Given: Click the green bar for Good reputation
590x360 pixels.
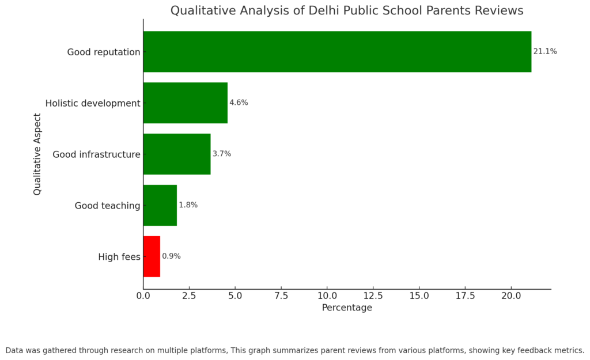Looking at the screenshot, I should pyautogui.click(x=337, y=51).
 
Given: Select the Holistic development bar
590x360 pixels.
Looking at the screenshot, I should pyautogui.click(x=185, y=103).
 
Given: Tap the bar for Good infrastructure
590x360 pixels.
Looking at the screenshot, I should pyautogui.click(x=177, y=154).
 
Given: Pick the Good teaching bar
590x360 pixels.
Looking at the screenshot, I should pyautogui.click(x=160, y=205).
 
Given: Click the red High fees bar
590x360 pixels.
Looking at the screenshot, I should pyautogui.click(x=152, y=256).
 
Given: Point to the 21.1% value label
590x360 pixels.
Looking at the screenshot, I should pyautogui.click(x=545, y=51).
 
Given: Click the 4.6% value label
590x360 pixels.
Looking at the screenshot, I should pyautogui.click(x=239, y=103).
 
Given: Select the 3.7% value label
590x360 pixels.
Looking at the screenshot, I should pyautogui.click(x=222, y=154).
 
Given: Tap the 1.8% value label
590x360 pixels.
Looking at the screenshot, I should pyautogui.click(x=188, y=205).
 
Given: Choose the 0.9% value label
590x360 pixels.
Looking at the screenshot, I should pyautogui.click(x=171, y=256).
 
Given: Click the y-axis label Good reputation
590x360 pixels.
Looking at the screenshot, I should pyautogui.click(x=104, y=52).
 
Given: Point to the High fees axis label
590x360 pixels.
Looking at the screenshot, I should pyautogui.click(x=119, y=257).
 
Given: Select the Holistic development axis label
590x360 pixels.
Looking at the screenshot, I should pyautogui.click(x=93, y=104).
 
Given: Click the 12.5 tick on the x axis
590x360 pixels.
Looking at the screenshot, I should pyautogui.click(x=373, y=295).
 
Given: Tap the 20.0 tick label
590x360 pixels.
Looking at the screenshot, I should pyautogui.click(x=511, y=295).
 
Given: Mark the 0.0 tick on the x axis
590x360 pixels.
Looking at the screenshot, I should pyautogui.click(x=143, y=295).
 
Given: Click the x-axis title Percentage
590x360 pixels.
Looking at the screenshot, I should pyautogui.click(x=347, y=308).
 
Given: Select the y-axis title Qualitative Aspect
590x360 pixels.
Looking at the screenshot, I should pyautogui.click(x=37, y=154).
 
